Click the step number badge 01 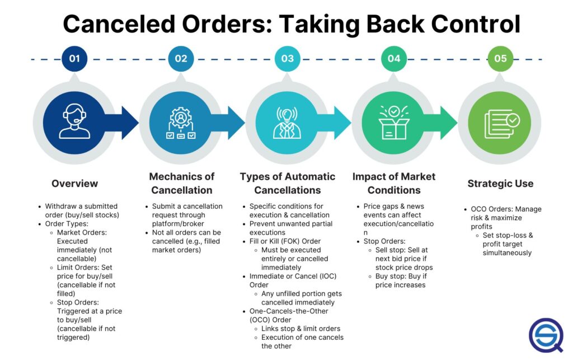click(74, 58)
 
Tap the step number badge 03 click(287, 58)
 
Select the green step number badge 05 click(500, 58)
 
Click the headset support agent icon click(74, 121)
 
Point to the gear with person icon click(181, 123)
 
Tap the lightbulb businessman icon click(287, 123)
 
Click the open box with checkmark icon click(394, 123)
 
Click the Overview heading click(74, 184)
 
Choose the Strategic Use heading click(500, 184)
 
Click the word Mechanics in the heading click(172, 176)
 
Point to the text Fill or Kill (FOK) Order click(285, 241)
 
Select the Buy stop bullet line click(401, 280)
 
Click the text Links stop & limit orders click(300, 329)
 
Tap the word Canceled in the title click(119, 24)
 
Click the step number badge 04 click(394, 58)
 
